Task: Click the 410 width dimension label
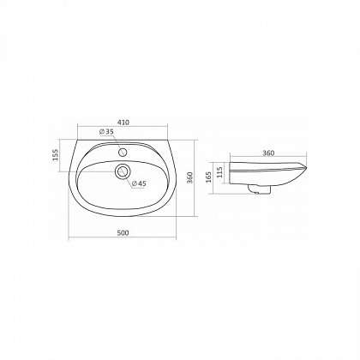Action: click(123, 123)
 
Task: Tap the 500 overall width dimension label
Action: click(123, 233)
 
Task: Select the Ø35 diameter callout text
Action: click(106, 132)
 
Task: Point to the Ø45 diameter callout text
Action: click(139, 183)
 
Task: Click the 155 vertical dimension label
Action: click(56, 154)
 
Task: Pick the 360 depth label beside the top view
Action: click(190, 177)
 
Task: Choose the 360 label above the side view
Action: click(268, 153)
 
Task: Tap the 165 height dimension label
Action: click(208, 177)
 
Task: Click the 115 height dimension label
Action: click(219, 172)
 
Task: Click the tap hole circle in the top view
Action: click(123, 152)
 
